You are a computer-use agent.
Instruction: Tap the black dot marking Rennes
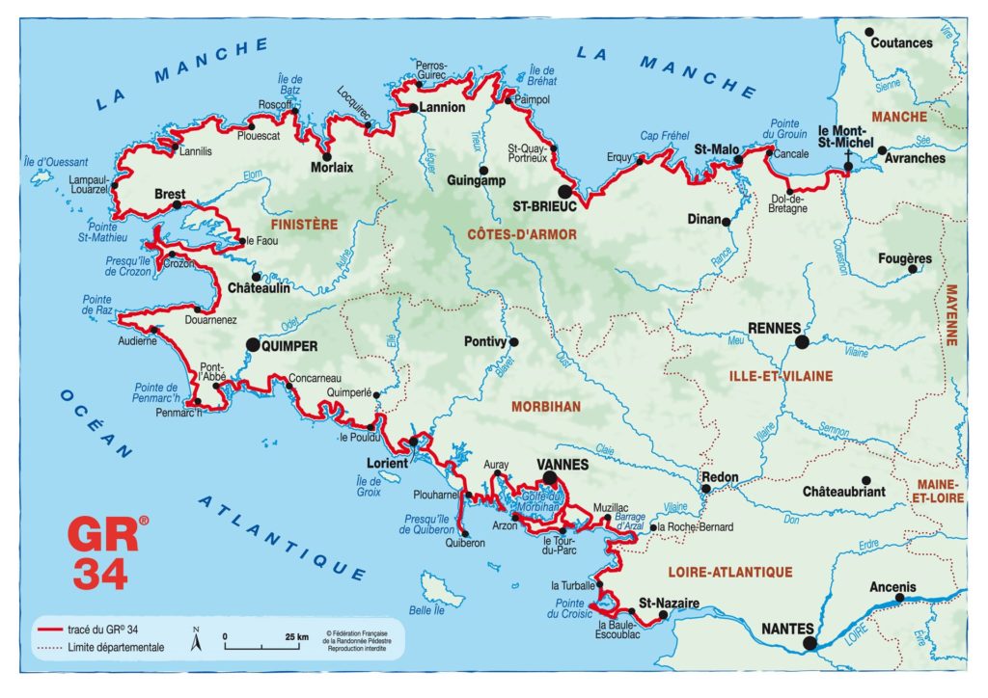click(x=801, y=341)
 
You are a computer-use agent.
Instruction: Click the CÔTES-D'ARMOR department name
click(x=522, y=234)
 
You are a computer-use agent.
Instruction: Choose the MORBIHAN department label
click(x=547, y=407)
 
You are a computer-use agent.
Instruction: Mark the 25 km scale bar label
click(x=296, y=636)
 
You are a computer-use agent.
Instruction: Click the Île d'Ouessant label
click(x=56, y=162)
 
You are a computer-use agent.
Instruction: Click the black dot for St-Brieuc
click(x=563, y=192)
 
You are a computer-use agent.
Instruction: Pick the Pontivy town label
click(x=485, y=341)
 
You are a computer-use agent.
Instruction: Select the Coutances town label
click(x=901, y=43)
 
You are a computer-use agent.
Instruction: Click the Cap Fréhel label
click(x=662, y=136)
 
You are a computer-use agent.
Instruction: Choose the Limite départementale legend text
click(x=116, y=647)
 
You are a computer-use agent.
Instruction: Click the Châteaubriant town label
click(x=842, y=492)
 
